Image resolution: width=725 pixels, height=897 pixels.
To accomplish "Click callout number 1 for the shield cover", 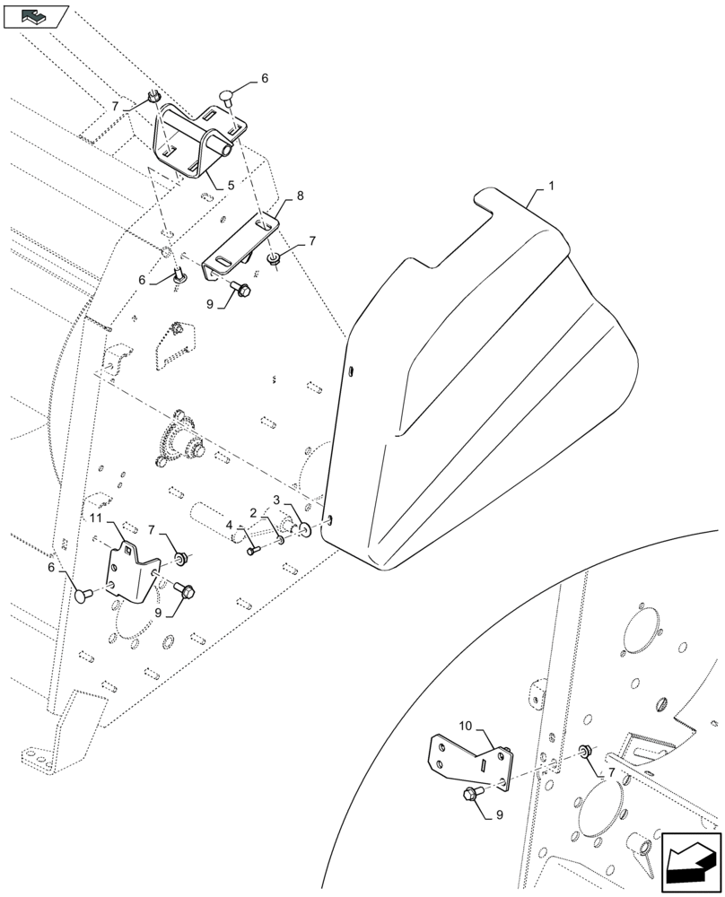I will [551, 186].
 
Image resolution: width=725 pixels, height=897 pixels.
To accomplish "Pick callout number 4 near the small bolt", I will [230, 525].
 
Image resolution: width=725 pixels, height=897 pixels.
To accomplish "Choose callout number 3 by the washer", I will [277, 499].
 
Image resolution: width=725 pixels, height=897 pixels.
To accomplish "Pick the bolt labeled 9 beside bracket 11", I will [187, 590].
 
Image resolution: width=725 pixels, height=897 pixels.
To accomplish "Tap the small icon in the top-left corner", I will [35, 14].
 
